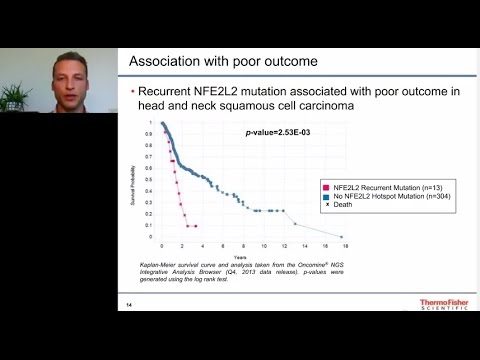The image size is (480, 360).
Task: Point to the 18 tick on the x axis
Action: pyautogui.click(x=346, y=245)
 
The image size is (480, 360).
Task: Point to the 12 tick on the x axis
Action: pyautogui.click(x=285, y=245)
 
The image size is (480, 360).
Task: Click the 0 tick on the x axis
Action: pyautogui.click(x=162, y=245)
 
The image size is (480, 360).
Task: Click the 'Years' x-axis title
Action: pyautogui.click(x=254, y=253)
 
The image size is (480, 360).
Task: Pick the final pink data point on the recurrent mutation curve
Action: pyautogui.click(x=196, y=226)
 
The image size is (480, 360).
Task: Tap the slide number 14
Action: pyautogui.click(x=129, y=304)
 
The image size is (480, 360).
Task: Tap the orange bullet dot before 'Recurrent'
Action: pyautogui.click(x=134, y=94)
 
